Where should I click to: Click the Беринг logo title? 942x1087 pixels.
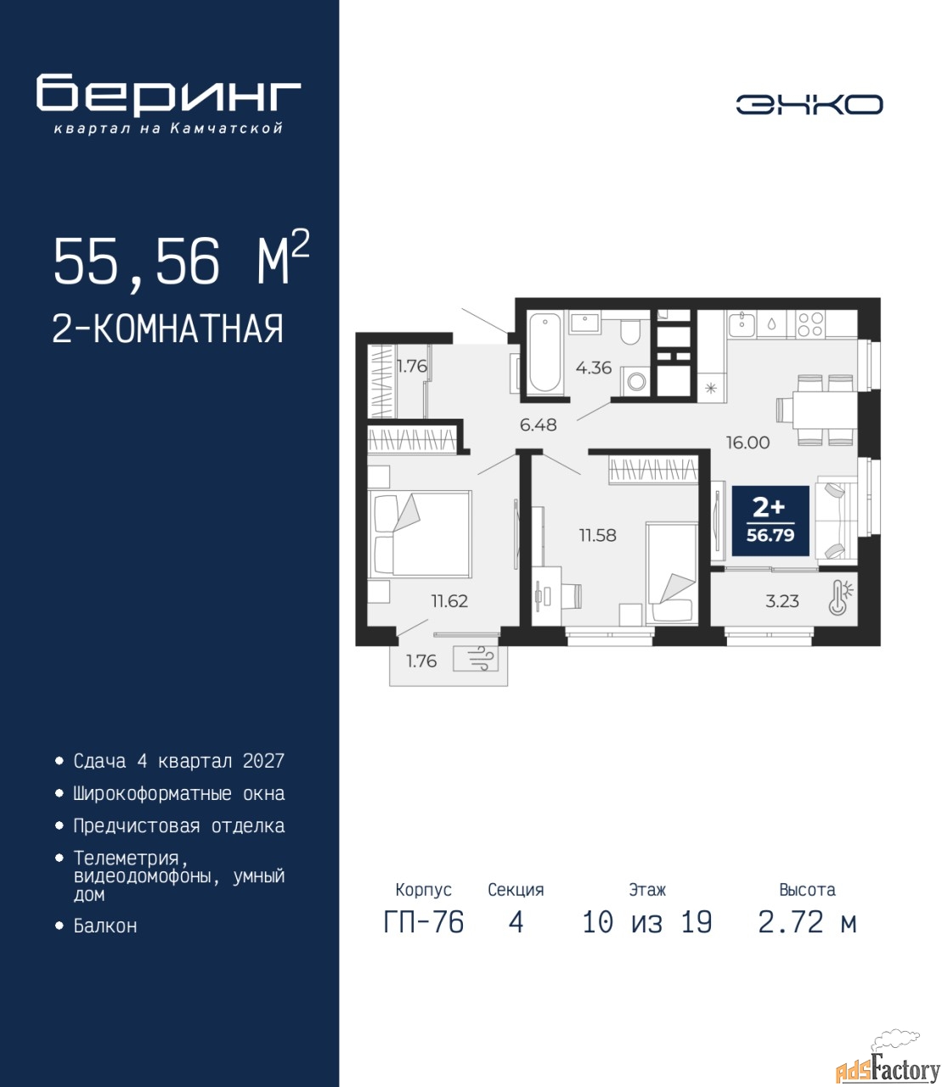tap(168, 95)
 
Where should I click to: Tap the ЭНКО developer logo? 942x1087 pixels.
tap(809, 104)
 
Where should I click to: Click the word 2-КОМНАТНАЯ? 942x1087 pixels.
tap(168, 329)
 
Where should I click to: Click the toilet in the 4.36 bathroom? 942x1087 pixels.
tap(630, 330)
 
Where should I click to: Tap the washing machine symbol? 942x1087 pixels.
tap(635, 381)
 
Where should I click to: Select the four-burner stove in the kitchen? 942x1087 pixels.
tap(810, 324)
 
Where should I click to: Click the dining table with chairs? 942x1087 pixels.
tap(818, 409)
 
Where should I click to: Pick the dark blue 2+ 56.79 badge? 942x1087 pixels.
tap(770, 521)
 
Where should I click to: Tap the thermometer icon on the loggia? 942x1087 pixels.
tap(840, 597)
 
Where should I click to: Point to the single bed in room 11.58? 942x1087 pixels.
tap(672, 574)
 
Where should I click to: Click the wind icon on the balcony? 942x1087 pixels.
tap(476, 660)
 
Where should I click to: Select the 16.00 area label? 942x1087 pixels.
tap(748, 442)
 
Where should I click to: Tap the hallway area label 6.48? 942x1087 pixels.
tap(538, 425)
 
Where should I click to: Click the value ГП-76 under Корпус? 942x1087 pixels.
tap(423, 922)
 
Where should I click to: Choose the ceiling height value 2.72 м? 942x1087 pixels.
tap(807, 922)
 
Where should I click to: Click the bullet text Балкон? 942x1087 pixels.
tap(105, 925)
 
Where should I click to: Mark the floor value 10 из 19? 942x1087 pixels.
tap(647, 922)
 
